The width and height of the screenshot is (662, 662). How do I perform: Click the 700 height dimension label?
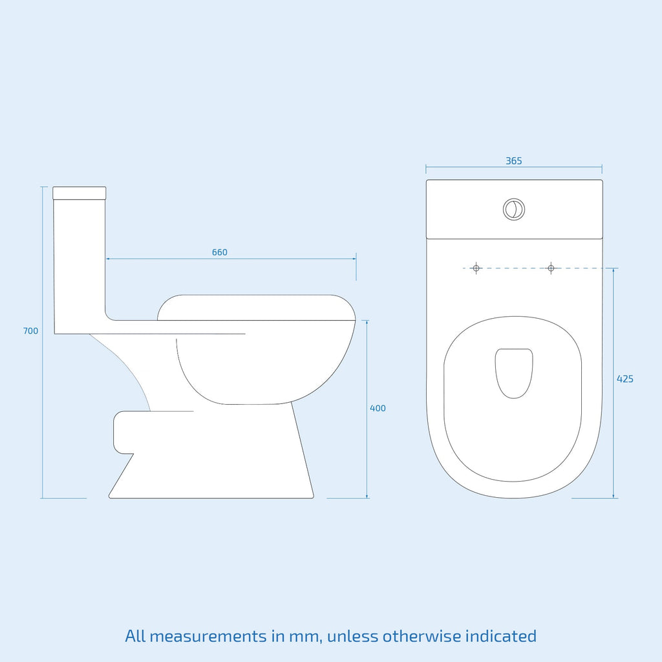(30, 331)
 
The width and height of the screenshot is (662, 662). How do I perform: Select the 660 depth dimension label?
(220, 253)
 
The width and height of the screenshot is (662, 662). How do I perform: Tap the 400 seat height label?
(378, 409)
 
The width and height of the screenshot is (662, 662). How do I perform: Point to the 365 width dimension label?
(514, 161)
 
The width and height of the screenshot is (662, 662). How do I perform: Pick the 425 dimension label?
(625, 379)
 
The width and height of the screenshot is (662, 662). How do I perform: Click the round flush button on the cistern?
(514, 209)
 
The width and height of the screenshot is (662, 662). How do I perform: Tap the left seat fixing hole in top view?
(476, 268)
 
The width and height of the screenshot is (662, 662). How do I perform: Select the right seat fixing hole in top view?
(551, 268)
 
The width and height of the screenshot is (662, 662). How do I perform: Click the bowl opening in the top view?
(514, 373)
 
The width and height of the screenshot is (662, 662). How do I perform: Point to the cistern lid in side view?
(80, 193)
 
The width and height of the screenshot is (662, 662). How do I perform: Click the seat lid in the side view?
(256, 308)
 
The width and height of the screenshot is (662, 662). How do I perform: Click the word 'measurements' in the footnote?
(208, 636)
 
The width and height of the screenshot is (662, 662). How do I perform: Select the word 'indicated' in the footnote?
(501, 636)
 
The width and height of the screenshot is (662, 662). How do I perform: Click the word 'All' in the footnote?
(135, 636)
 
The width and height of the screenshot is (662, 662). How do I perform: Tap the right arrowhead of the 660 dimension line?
(354, 259)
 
